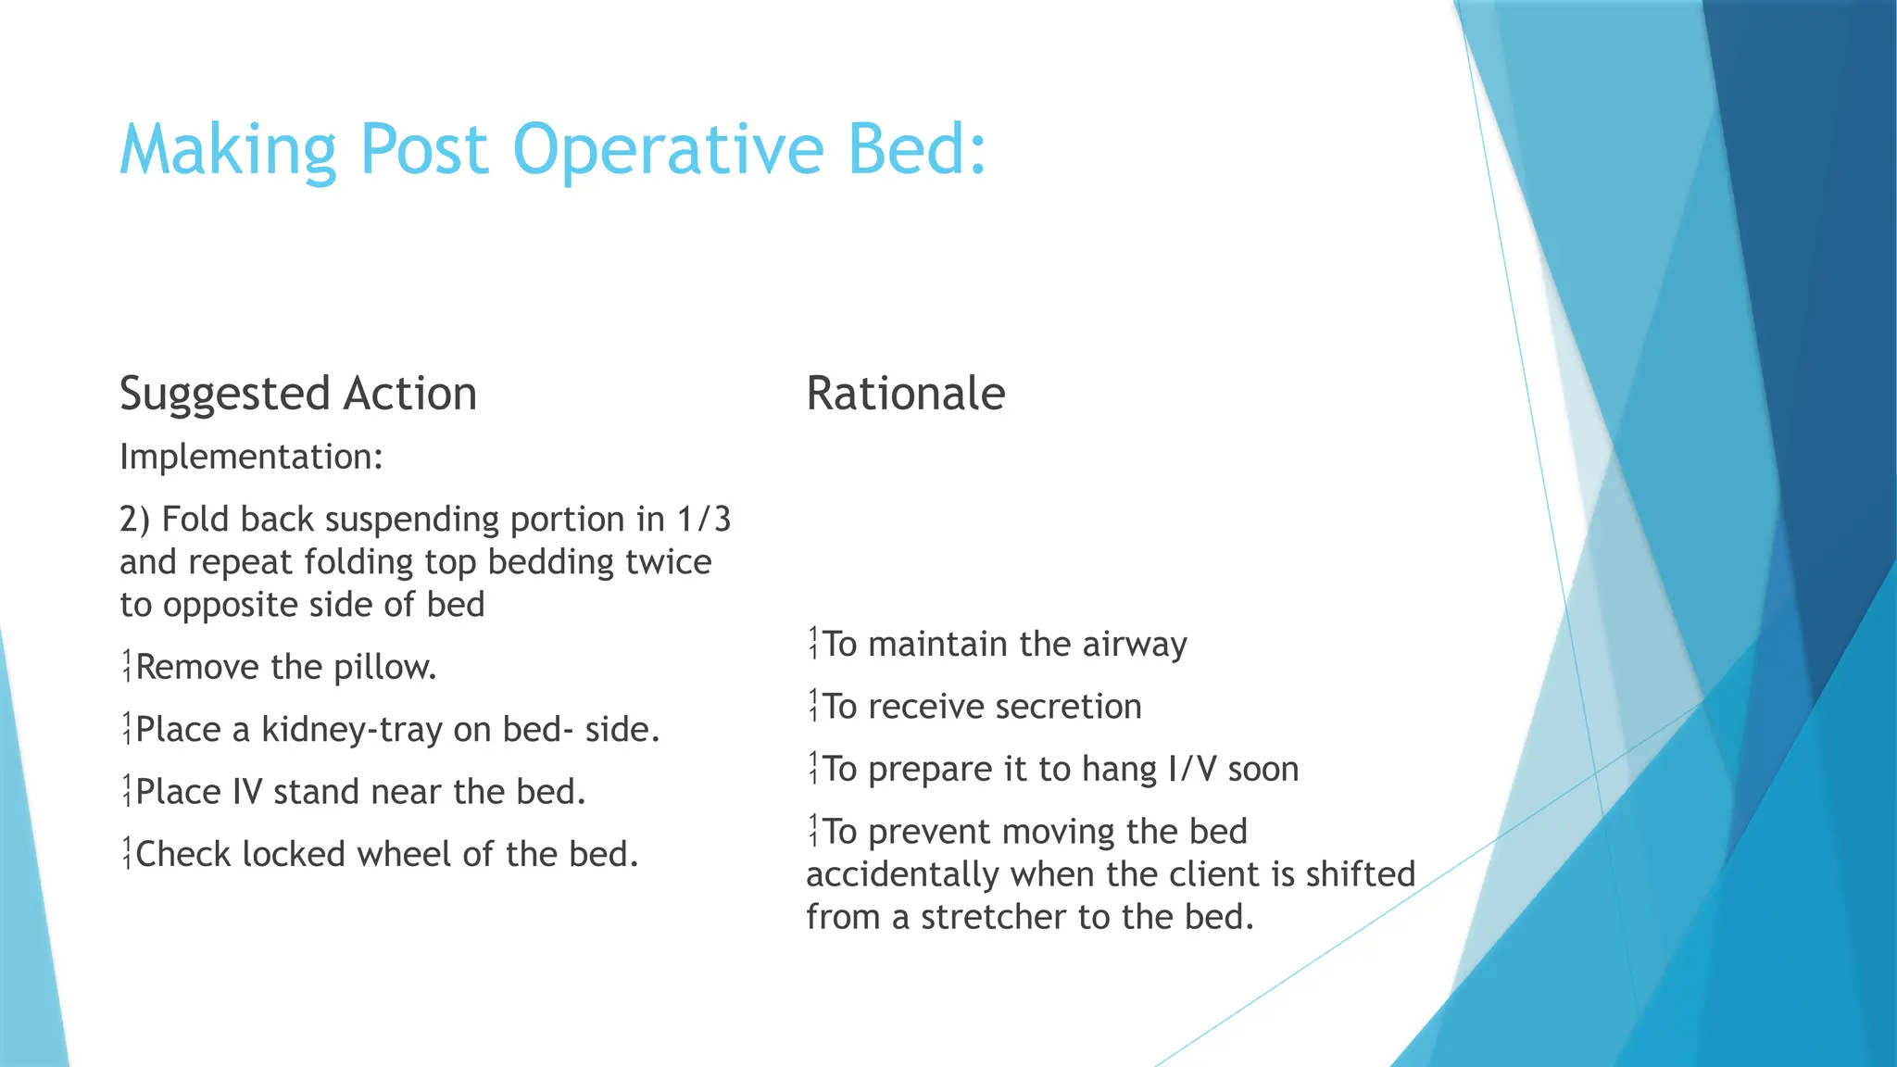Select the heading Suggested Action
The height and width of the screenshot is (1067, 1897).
tap(298, 394)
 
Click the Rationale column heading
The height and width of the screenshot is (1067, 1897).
tap(905, 394)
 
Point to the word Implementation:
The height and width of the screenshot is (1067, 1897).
tap(251, 457)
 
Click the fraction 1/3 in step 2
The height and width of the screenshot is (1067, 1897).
tap(704, 520)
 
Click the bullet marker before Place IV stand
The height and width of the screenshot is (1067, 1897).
tap(127, 792)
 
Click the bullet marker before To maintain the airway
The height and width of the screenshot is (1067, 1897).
tap(813, 644)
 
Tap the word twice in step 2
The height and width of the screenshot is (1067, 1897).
tap(668, 562)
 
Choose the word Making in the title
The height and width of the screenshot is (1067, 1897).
tap(228, 150)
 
